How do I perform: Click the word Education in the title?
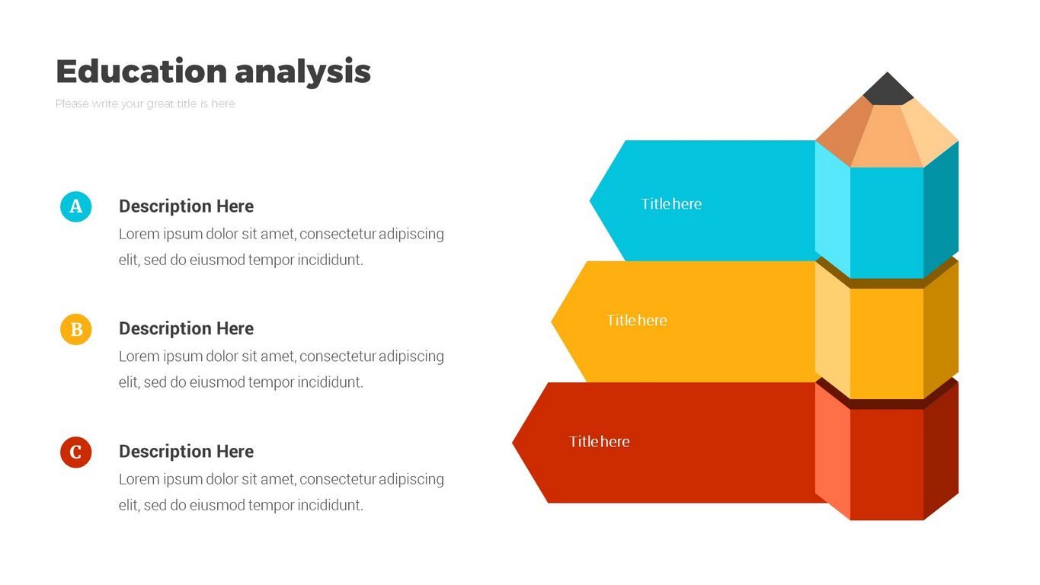click(x=142, y=71)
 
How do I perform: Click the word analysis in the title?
click(x=302, y=72)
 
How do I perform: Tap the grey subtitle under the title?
click(x=146, y=104)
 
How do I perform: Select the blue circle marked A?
click(x=75, y=206)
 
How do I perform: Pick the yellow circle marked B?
click(x=75, y=329)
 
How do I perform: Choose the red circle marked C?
click(x=75, y=452)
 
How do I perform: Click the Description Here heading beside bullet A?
click(x=186, y=206)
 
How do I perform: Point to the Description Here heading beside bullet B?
click(x=186, y=329)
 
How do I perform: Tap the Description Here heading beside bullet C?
click(x=186, y=451)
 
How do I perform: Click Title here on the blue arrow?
click(x=671, y=204)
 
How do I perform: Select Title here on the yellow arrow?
click(x=636, y=321)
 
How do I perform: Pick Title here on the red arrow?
click(x=600, y=442)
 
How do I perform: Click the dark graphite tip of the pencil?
click(x=888, y=89)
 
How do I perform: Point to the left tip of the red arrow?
click(x=513, y=443)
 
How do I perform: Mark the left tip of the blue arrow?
click(x=590, y=200)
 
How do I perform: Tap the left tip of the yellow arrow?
click(x=552, y=321)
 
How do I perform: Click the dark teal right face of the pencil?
click(x=941, y=209)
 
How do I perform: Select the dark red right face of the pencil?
click(x=941, y=450)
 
